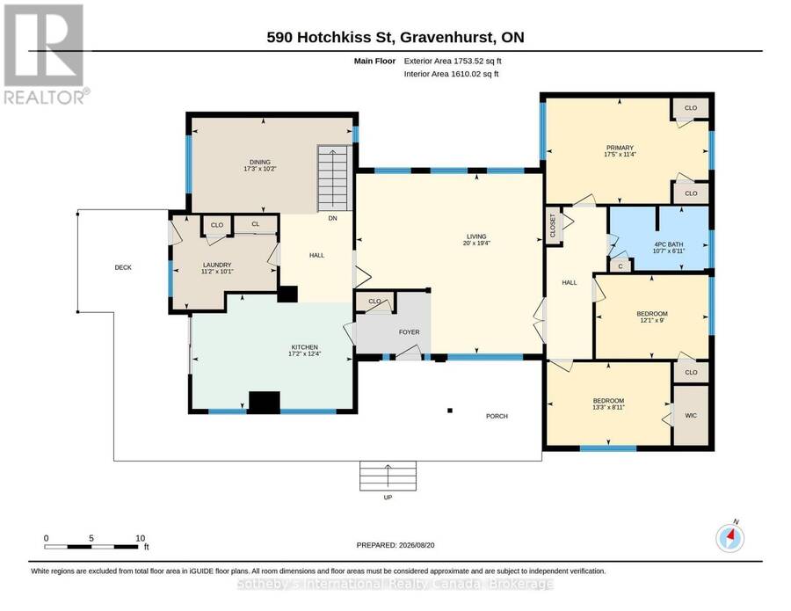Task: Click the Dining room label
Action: [x=260, y=162]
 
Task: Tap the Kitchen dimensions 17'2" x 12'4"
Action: [x=305, y=353]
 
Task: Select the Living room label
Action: [x=476, y=236]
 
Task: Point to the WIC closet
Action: [x=691, y=415]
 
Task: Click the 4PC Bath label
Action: [x=669, y=244]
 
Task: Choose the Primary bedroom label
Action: [x=620, y=148]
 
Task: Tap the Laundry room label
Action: [x=217, y=265]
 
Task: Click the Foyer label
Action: [x=409, y=332]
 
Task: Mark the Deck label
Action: [x=123, y=267]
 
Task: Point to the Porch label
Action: [x=497, y=416]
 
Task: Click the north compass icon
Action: [x=730, y=538]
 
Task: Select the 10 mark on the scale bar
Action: [x=141, y=538]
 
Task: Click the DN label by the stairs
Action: [x=332, y=218]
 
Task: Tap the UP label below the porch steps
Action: [x=388, y=497]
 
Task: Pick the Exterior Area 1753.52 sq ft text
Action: [x=453, y=61]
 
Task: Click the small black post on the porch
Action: [x=450, y=411]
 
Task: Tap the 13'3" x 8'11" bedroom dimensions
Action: [x=608, y=407]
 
